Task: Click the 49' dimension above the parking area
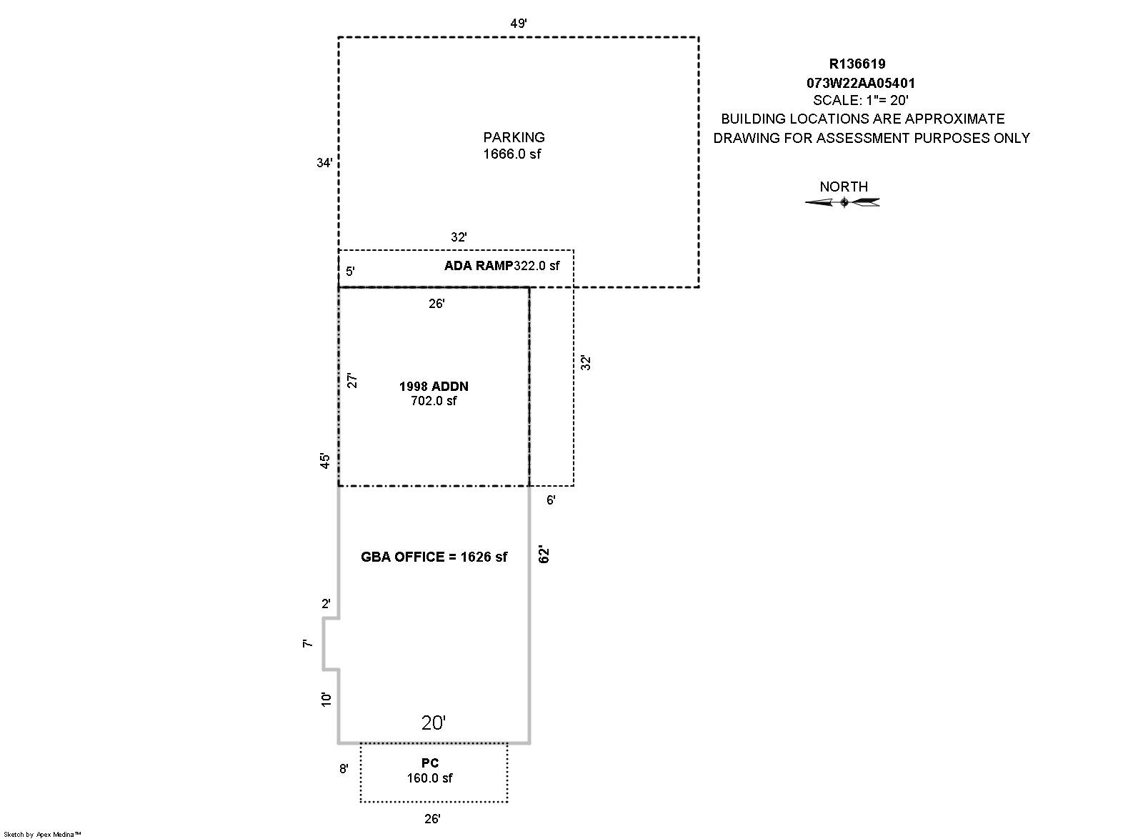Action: (x=519, y=23)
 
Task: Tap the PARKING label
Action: (x=514, y=137)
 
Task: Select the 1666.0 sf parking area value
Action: (x=512, y=154)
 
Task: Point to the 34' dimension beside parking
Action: (x=324, y=163)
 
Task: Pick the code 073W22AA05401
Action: (x=861, y=83)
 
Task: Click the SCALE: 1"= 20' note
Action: (x=861, y=101)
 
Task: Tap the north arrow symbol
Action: (x=843, y=203)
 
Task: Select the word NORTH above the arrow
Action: (x=844, y=187)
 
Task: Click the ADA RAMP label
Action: (x=479, y=266)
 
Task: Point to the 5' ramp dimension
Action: (x=350, y=272)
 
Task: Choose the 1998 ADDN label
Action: (x=434, y=387)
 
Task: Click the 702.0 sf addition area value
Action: (x=434, y=401)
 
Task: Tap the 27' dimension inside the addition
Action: (x=351, y=380)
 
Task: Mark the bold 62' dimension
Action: (x=544, y=555)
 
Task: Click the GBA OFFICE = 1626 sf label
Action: (x=434, y=557)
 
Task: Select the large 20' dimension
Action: (x=434, y=723)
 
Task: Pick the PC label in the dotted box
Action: (x=430, y=763)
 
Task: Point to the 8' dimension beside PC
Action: (x=344, y=769)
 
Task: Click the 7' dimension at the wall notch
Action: (x=308, y=644)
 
